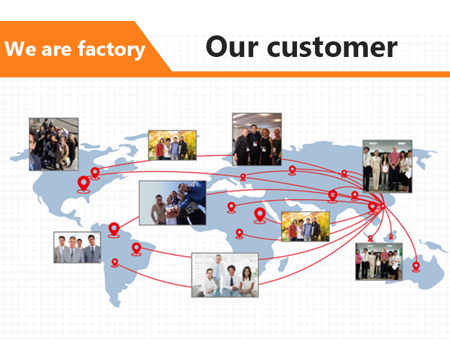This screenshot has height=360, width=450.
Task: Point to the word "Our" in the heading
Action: click(230, 47)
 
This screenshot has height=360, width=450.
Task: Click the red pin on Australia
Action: click(416, 266)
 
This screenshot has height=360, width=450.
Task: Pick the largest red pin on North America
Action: click(83, 183)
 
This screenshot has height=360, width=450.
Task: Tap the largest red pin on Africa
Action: click(260, 214)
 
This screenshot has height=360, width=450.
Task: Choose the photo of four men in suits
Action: click(77, 247)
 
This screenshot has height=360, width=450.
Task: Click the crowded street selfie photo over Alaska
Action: click(53, 143)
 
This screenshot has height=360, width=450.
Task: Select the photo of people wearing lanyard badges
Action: click(257, 139)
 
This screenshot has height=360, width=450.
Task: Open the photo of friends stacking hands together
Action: click(172, 203)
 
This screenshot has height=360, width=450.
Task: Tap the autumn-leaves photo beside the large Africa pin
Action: click(305, 226)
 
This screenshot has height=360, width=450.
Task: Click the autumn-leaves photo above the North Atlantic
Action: click(172, 145)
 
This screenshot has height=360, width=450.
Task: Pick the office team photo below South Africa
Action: click(224, 275)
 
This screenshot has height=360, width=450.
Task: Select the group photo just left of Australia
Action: click(378, 261)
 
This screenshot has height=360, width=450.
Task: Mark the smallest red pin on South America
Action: click(115, 263)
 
